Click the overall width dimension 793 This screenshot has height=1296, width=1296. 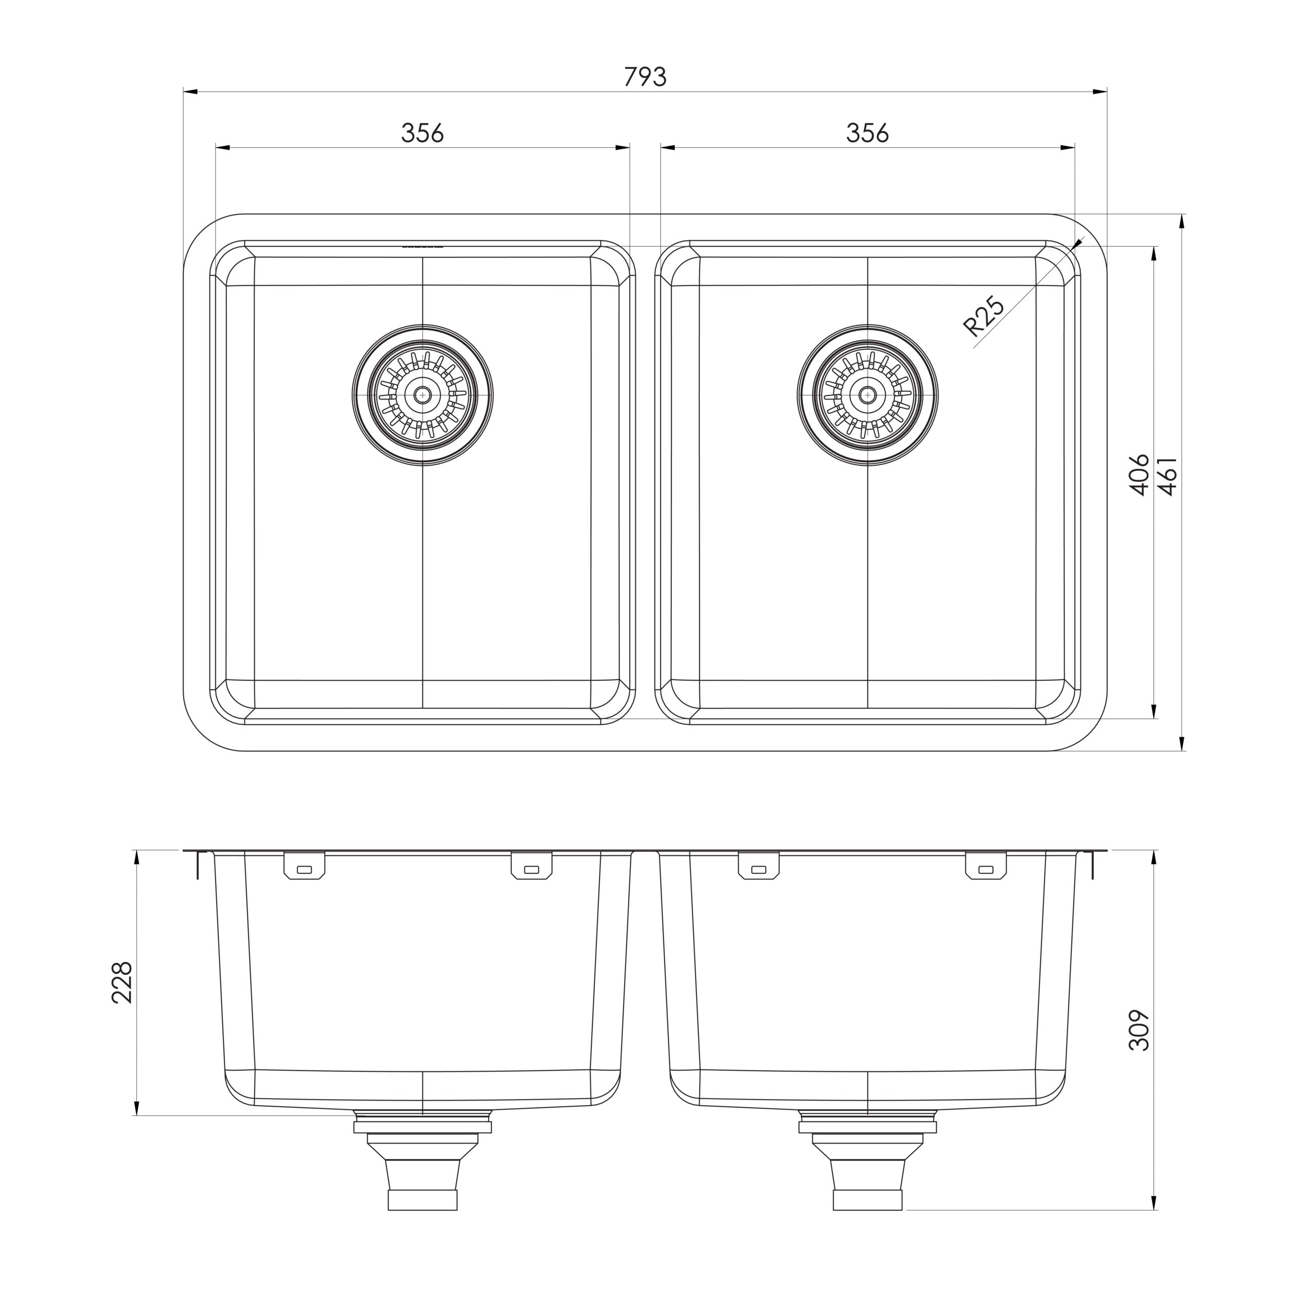pos(645,77)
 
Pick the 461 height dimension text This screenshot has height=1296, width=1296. pos(1168,475)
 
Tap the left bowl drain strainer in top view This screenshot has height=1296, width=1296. pos(423,395)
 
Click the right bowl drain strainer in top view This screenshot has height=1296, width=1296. pos(867,395)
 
